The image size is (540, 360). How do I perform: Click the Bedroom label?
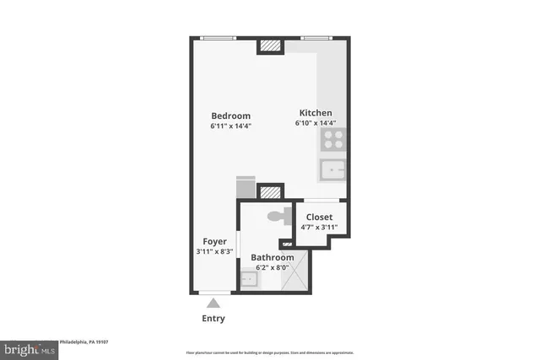pyautogui.click(x=231, y=116)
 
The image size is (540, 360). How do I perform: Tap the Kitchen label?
pyautogui.click(x=316, y=113)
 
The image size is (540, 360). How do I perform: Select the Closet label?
pyautogui.click(x=319, y=217)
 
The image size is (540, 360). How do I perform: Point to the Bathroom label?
pyautogui.click(x=273, y=257)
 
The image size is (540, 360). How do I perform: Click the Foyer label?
pyautogui.click(x=214, y=241)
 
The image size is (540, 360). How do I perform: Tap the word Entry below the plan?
pyautogui.click(x=214, y=319)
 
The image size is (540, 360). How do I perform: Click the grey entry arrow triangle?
pyautogui.click(x=214, y=303)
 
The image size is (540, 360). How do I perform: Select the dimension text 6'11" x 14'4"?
pyautogui.click(x=231, y=126)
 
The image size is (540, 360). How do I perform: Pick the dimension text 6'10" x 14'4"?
pyautogui.click(x=316, y=123)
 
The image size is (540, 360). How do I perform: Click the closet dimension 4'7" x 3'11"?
pyautogui.click(x=319, y=227)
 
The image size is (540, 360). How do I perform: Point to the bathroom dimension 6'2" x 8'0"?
pyautogui.click(x=273, y=267)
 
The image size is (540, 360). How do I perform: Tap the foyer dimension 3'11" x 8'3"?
pyautogui.click(x=214, y=251)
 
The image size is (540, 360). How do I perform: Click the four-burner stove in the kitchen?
pyautogui.click(x=332, y=140)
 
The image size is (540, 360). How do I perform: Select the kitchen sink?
pyautogui.click(x=332, y=170)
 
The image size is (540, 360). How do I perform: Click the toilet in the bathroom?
pyautogui.click(x=277, y=217)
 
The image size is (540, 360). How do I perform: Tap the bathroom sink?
pyautogui.click(x=251, y=278)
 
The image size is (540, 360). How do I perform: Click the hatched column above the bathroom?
pyautogui.click(x=270, y=192)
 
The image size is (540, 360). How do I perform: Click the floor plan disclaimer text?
pyautogui.click(x=269, y=352)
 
